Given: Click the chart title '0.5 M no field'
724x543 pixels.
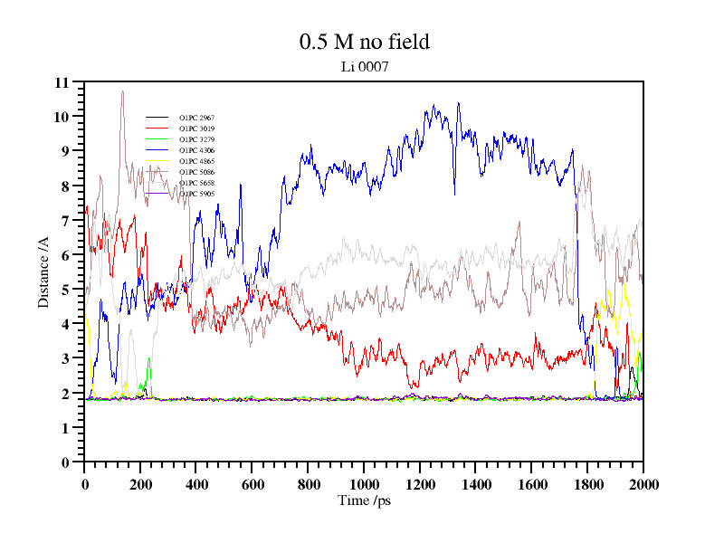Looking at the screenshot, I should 364,42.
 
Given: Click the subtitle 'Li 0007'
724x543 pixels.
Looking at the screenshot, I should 364,66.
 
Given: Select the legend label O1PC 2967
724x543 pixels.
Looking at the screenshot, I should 196,118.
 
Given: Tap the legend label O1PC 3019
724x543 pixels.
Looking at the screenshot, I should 196,129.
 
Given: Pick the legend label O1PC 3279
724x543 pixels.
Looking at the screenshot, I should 196,139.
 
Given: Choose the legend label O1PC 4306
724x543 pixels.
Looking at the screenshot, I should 196,150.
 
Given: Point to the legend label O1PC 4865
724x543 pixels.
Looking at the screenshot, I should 196,161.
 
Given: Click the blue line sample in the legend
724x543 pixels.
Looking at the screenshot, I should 157,150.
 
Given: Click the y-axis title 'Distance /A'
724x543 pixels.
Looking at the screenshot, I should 43,271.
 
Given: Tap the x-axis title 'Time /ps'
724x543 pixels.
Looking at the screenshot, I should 364,500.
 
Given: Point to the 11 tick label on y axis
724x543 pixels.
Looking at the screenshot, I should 62,82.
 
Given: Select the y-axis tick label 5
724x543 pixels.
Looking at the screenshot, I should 65,290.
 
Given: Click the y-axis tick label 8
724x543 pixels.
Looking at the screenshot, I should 65,186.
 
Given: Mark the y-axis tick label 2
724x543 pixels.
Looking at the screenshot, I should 65,394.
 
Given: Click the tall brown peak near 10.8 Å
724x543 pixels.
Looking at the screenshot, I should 122,92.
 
